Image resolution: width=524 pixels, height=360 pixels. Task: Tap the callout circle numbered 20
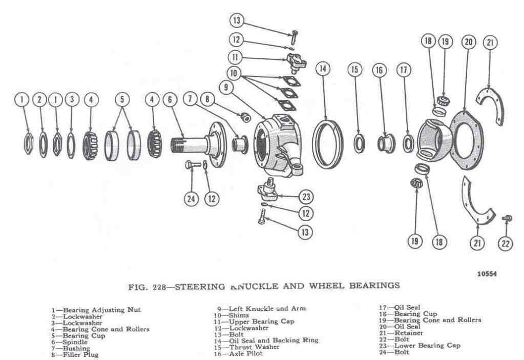coord(467,43)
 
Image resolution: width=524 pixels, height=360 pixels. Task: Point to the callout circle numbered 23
coord(306,196)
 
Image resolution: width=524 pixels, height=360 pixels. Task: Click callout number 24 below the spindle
coord(192,199)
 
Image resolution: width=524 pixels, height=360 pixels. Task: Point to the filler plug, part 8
coord(245,117)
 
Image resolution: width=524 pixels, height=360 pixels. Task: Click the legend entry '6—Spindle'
coord(70,342)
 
